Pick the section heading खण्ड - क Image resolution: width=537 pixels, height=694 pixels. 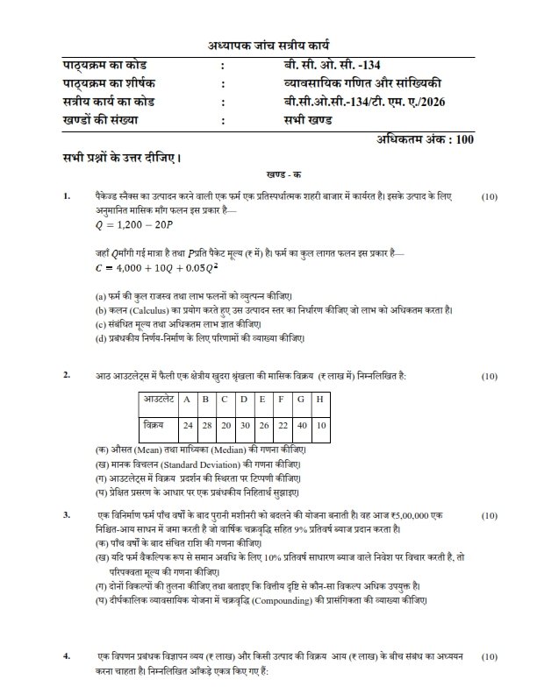[268, 175]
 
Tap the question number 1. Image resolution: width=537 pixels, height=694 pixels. [66, 197]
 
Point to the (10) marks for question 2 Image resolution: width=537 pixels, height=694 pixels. [490, 376]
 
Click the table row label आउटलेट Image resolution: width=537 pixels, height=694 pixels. [158, 400]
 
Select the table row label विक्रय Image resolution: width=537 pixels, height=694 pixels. [154, 424]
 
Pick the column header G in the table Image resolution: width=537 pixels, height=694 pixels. [301, 400]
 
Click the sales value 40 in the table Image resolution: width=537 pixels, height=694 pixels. [301, 424]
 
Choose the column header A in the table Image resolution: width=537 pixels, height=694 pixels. [187, 400]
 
